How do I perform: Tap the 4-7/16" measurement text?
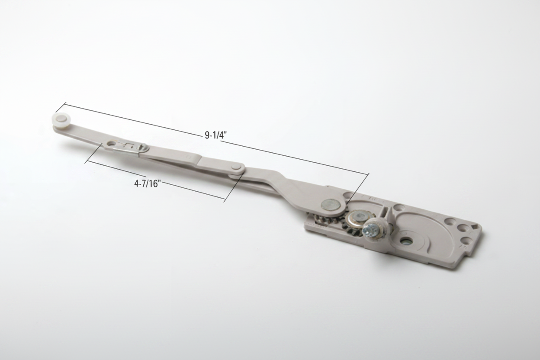(147, 184)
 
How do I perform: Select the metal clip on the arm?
(129, 147)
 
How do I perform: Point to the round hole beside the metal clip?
(111, 144)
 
